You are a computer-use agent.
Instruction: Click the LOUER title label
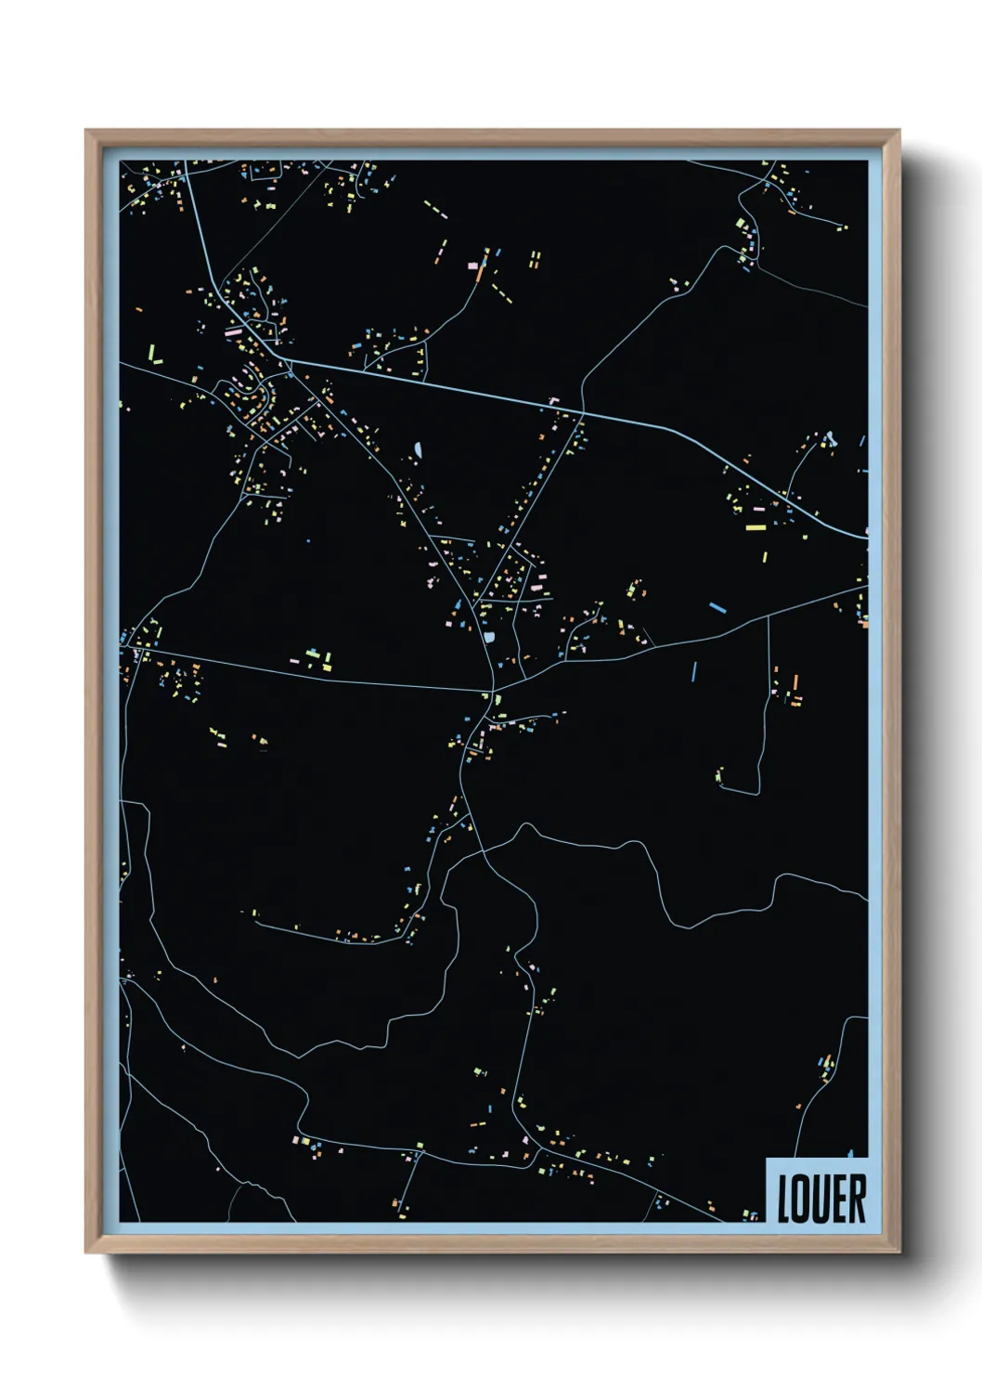coord(820,1198)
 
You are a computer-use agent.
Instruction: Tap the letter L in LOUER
coord(783,1199)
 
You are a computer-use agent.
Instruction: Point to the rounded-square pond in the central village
coord(489,637)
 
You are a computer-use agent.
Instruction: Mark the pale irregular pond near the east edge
coord(828,438)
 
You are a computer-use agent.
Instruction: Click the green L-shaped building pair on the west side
coord(155,354)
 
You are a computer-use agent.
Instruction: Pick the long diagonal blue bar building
coord(717,607)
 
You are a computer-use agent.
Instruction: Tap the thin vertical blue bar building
coord(693,670)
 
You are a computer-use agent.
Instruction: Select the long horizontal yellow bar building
coord(756,528)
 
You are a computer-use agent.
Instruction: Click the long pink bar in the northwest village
coord(234,330)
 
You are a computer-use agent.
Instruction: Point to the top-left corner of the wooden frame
coord(86,131)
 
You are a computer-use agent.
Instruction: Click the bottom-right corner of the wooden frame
coord(898,1251)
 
